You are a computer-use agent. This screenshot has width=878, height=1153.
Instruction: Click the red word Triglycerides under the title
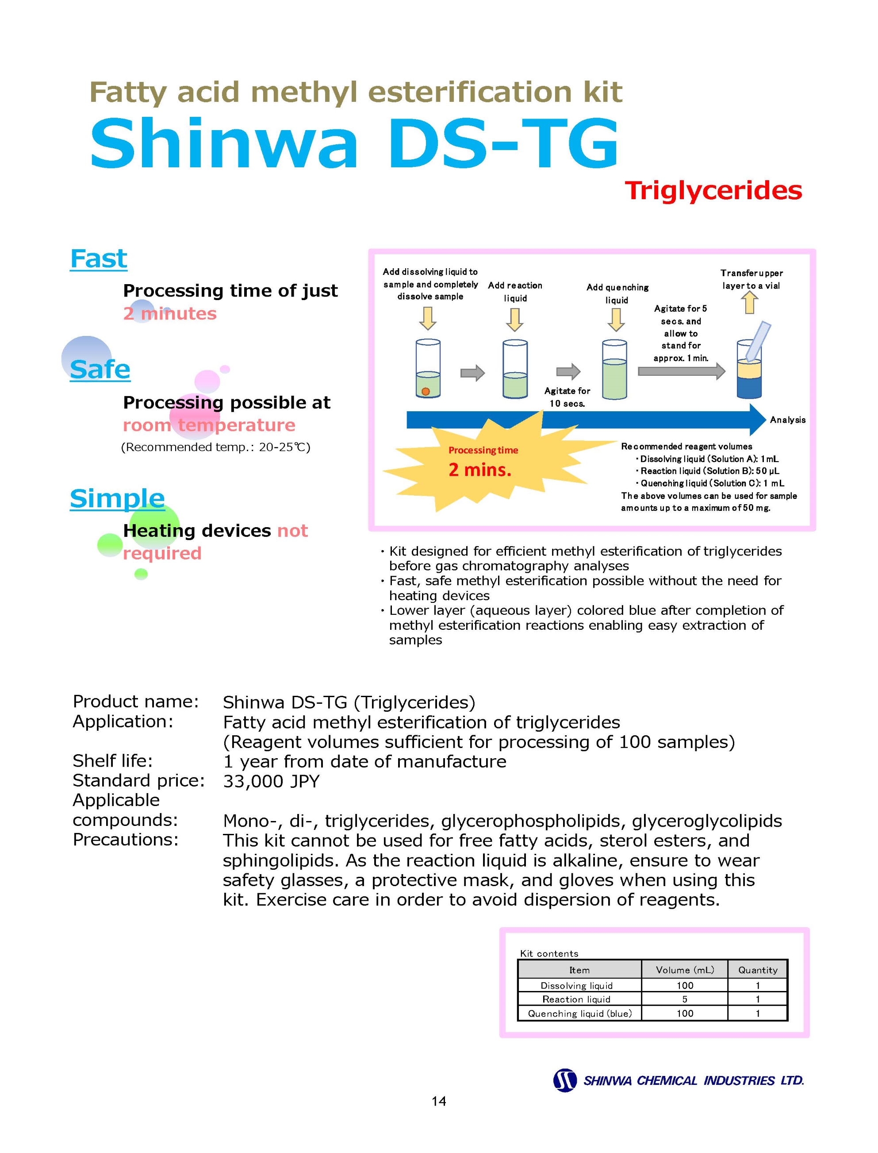coord(713,191)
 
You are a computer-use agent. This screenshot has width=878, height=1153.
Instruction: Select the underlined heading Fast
coord(99,259)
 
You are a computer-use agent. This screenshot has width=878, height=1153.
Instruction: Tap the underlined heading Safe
coord(100,370)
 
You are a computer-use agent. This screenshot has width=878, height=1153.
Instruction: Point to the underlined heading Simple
coord(118,498)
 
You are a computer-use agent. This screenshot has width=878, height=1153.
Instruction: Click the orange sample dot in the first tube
coord(426,391)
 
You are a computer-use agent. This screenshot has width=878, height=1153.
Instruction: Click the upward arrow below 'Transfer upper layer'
coord(750,302)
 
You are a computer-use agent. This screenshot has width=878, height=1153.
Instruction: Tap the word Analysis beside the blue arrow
coord(788,420)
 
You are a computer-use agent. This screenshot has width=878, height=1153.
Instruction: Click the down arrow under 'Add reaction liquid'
coord(515,320)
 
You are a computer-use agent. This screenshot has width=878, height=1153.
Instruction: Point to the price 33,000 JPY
coord(271,781)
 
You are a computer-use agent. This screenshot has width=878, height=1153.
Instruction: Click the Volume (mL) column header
coord(685,970)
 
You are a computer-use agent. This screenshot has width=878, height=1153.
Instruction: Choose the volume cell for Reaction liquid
coord(685,999)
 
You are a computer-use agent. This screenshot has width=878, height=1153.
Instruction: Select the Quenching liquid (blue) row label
coord(579,1014)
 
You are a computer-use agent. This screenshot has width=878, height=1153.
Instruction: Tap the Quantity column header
coord(758,970)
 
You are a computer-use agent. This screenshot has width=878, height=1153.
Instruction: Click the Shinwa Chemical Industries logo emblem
coord(564,1080)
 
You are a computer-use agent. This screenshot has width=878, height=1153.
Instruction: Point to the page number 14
coord(439,1101)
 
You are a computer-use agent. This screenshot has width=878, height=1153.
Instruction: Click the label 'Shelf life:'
coord(113,760)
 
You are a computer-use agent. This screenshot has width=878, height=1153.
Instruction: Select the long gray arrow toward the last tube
coord(682,371)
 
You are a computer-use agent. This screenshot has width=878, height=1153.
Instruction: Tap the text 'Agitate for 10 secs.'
coord(567,397)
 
